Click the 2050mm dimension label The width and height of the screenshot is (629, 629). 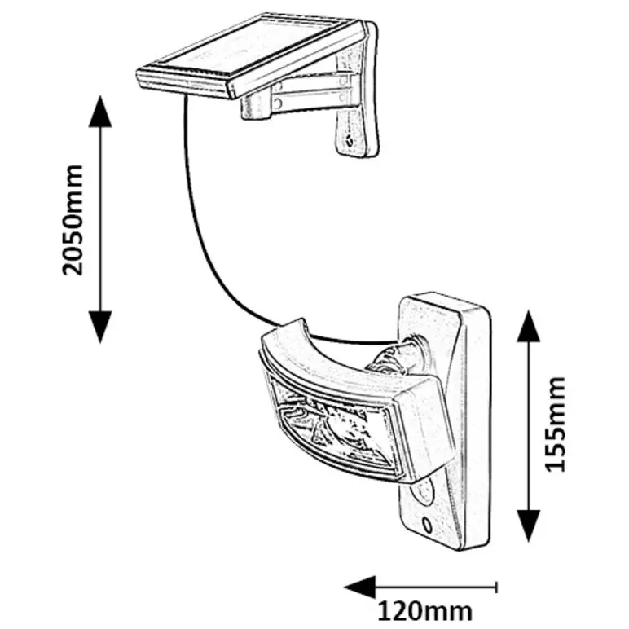click(74, 218)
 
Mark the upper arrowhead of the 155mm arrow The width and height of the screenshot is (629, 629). click(529, 325)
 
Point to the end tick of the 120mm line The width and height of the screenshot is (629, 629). click(495, 585)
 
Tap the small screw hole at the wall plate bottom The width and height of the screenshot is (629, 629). click(427, 521)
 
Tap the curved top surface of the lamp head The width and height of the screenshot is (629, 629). click(342, 358)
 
